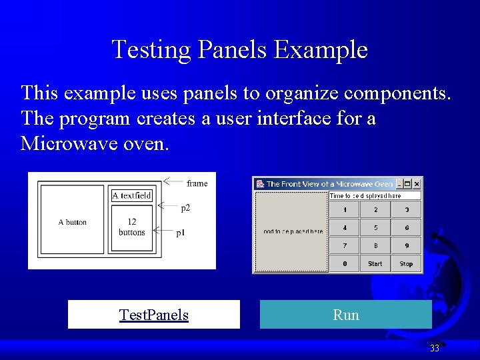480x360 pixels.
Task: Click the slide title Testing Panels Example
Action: pos(239,50)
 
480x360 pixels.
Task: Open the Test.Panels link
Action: pos(153,315)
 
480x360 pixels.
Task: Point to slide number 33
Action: pos(435,348)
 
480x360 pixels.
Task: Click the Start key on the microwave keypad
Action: pos(375,264)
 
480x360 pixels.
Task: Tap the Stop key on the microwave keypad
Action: pos(406,264)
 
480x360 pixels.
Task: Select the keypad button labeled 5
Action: pos(375,228)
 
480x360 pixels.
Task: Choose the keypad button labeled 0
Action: pos(345,264)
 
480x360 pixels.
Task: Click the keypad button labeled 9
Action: pos(406,246)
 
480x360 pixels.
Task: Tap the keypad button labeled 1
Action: pos(345,210)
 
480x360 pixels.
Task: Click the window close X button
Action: pos(417,183)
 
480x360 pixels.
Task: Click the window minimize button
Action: pos(400,183)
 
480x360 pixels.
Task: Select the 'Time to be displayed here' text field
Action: pos(375,196)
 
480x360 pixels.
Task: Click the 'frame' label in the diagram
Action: pos(197,183)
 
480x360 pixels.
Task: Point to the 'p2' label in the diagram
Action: pos(185,208)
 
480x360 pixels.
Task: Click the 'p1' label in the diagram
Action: pos(181,233)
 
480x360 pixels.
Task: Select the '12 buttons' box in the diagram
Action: pos(132,227)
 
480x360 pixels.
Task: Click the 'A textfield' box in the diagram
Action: pos(132,195)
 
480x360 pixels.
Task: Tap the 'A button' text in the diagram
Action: pos(72,222)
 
